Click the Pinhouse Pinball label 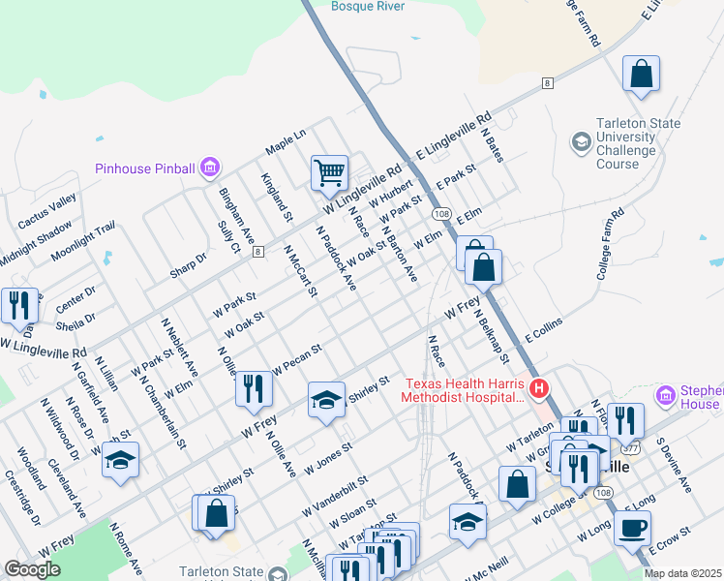tap(144, 168)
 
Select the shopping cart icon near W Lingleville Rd tap(329, 173)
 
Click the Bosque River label tap(368, 6)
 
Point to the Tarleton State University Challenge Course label tap(618, 143)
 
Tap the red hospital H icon tap(540, 389)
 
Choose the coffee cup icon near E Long tap(633, 529)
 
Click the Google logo tap(32, 569)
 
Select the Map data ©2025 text tap(682, 573)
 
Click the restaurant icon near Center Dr tap(19, 305)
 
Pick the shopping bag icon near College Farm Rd tap(641, 74)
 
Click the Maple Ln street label tap(286, 141)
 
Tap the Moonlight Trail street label tap(83, 239)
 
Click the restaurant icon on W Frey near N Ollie tap(253, 389)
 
